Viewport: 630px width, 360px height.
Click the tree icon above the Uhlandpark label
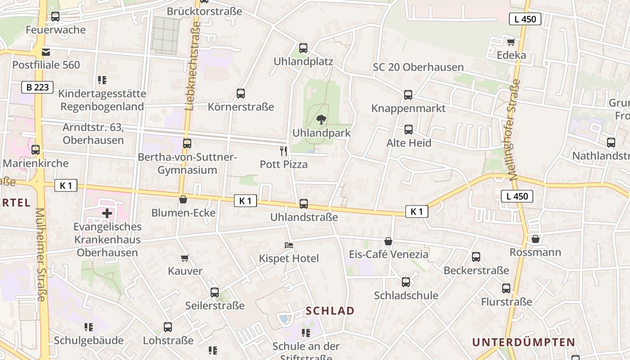click(321, 120)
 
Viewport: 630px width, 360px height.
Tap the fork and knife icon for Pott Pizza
click(283, 151)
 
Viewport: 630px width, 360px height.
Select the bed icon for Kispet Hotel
click(289, 245)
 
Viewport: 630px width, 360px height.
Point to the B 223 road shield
click(37, 87)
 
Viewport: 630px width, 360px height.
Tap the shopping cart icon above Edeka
click(511, 42)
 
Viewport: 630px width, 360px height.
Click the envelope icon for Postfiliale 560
click(46, 52)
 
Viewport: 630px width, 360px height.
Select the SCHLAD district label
click(330, 310)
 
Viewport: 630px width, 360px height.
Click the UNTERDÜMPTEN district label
click(523, 342)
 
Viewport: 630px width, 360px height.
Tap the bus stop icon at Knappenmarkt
click(408, 95)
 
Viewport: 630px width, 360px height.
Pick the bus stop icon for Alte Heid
click(409, 130)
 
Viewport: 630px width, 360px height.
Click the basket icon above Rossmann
click(535, 239)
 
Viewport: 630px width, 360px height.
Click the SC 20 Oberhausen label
click(418, 67)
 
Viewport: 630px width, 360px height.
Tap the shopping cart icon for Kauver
click(184, 258)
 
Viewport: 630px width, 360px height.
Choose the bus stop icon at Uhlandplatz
click(303, 48)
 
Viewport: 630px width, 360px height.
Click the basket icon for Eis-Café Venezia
click(388, 242)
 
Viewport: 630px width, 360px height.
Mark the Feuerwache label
click(56, 30)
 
